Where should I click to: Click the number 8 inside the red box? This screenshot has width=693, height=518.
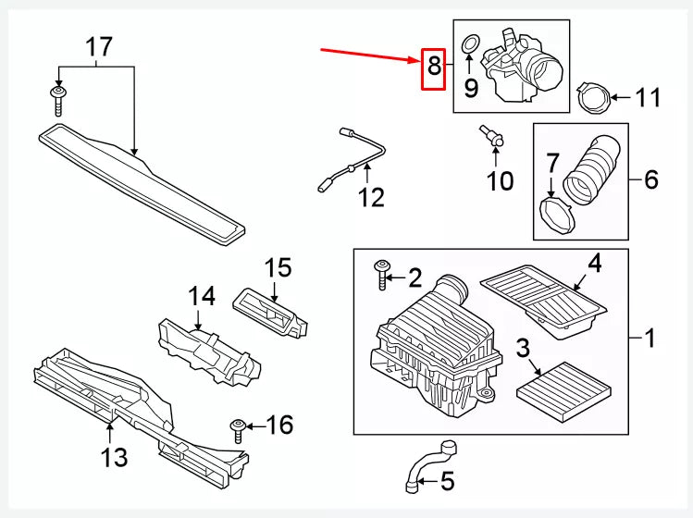click(x=433, y=67)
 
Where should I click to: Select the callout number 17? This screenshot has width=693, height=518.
click(x=98, y=45)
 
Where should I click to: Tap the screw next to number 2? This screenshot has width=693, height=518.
click(x=382, y=275)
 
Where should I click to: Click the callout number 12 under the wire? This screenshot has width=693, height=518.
click(x=371, y=197)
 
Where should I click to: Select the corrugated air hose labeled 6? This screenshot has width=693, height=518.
click(x=593, y=170)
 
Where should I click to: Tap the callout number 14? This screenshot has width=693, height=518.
click(x=202, y=298)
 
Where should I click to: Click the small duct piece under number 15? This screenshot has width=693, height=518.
click(x=272, y=314)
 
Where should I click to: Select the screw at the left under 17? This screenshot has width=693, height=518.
click(x=58, y=100)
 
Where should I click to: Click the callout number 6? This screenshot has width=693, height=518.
click(x=650, y=179)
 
